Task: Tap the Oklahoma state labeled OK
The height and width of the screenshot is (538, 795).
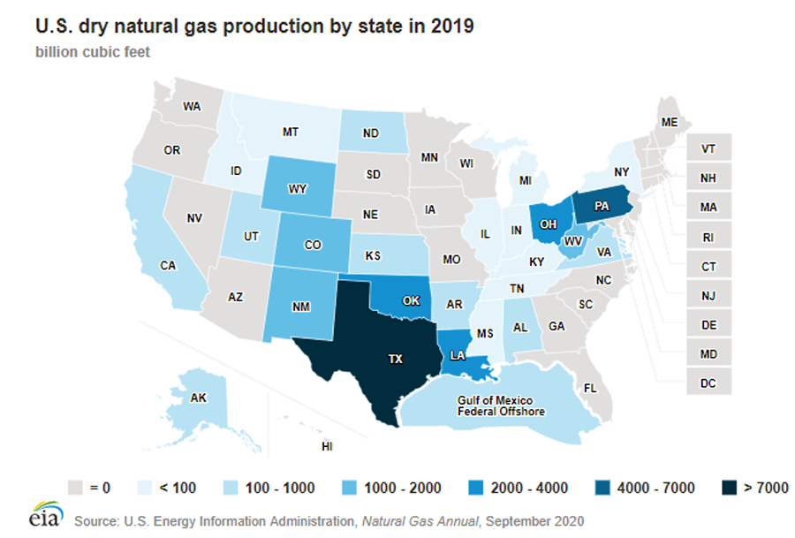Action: (411, 299)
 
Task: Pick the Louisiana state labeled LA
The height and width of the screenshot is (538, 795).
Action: (457, 355)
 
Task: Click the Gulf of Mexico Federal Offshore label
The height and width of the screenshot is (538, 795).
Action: (501, 406)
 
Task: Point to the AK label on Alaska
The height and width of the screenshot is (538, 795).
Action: (200, 398)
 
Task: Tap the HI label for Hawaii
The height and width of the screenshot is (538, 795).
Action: (327, 447)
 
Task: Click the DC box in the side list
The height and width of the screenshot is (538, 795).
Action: (708, 383)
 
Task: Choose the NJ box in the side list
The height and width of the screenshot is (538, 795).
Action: (708, 295)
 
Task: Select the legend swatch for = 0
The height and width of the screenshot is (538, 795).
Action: (76, 488)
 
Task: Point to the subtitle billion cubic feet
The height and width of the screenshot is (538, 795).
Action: (93, 51)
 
